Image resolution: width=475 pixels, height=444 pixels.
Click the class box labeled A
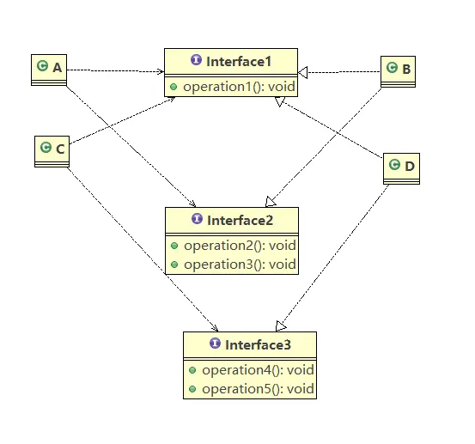(49, 70)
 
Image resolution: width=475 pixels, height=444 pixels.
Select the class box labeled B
(398, 72)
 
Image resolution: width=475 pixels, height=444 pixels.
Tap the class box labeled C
(52, 151)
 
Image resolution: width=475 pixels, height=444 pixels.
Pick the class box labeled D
(401, 168)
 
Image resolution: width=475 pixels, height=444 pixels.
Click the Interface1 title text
(239, 62)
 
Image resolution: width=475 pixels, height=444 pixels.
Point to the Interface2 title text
(240, 221)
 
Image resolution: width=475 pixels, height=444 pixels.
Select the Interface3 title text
(258, 345)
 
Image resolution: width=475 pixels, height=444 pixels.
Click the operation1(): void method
(239, 87)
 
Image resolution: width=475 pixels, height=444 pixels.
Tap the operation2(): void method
(240, 246)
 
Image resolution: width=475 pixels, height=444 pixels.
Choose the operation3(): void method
(240, 265)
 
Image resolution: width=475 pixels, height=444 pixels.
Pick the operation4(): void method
(258, 370)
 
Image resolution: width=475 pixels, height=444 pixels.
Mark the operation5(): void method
(258, 389)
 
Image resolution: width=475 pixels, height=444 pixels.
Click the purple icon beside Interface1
(197, 59)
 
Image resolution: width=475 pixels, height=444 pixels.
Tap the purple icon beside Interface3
(215, 344)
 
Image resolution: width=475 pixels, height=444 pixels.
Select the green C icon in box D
(394, 164)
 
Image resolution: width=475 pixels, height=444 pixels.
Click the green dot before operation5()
(192, 389)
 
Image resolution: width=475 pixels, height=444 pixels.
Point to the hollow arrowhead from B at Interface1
(303, 72)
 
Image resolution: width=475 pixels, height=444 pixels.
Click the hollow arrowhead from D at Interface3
(281, 326)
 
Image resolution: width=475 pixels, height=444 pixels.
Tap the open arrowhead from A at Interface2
(192, 204)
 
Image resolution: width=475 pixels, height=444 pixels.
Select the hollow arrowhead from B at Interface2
(271, 202)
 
